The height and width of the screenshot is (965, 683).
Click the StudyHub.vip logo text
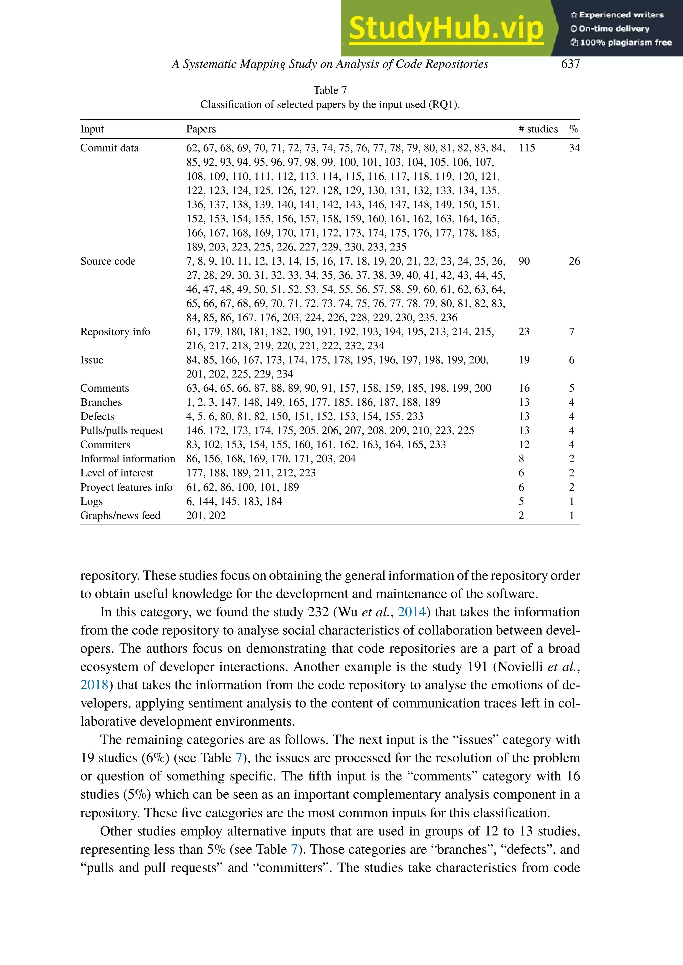[446, 28]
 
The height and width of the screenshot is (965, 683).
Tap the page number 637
[570, 64]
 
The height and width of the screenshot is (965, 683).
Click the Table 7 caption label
[330, 90]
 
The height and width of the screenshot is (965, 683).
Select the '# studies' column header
[538, 129]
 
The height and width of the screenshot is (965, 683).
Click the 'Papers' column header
[201, 129]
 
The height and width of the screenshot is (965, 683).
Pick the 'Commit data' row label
[109, 148]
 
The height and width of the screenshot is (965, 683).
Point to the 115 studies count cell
[527, 148]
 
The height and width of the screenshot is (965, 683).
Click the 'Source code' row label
[108, 261]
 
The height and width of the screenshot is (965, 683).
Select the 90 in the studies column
[524, 261]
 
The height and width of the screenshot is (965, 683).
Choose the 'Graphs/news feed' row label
[120, 515]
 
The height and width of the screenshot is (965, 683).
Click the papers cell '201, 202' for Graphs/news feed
[206, 515]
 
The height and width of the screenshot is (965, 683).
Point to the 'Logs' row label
[91, 501]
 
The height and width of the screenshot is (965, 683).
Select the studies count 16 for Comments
[524, 388]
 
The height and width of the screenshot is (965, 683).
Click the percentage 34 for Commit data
[574, 148]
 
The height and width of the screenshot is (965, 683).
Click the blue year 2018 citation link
[94, 685]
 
